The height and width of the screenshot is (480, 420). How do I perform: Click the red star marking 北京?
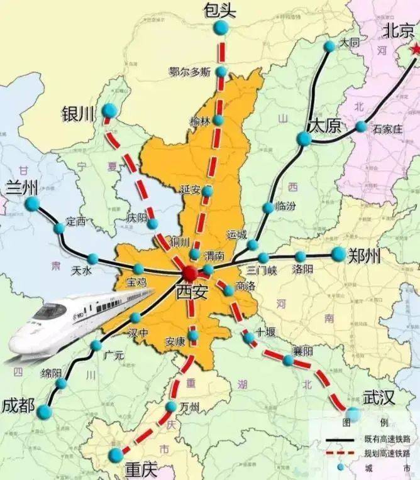[414, 48]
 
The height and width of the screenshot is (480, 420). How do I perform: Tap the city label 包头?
[220, 10]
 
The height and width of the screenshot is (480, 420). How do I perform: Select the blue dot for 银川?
[109, 111]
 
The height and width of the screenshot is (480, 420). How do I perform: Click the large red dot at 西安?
[190, 273]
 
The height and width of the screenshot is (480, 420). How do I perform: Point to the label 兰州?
[21, 187]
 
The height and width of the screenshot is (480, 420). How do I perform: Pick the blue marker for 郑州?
[339, 254]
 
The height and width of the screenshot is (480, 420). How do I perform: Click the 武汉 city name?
[379, 398]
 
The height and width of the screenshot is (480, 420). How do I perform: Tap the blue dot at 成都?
[44, 412]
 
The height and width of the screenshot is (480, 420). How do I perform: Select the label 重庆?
[141, 469]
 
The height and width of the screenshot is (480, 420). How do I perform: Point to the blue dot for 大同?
[329, 46]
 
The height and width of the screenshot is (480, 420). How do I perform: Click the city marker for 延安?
[207, 190]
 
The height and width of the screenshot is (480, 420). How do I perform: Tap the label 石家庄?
[387, 129]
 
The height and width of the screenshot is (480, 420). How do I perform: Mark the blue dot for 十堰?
[250, 337]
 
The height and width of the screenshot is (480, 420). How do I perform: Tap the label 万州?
[189, 408]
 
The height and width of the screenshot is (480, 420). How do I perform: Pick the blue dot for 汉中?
[136, 318]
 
